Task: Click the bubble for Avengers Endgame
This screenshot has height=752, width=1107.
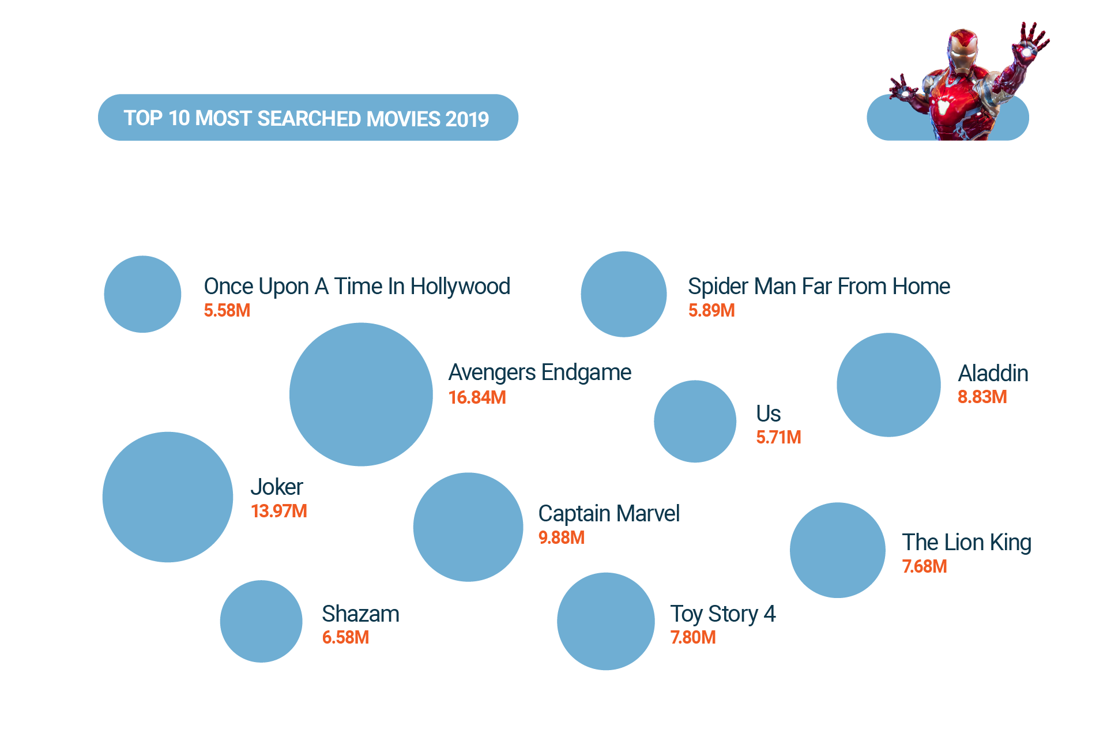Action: pos(361,394)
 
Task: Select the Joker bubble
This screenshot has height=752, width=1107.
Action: pos(168,497)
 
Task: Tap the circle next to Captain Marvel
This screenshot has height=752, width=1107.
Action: pos(468,527)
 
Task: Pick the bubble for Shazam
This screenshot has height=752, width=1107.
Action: pos(261,621)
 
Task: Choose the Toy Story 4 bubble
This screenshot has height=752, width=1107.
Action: pos(606,621)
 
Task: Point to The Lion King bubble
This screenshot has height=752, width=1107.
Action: pos(838,550)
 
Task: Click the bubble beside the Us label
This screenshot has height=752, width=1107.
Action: pos(695,421)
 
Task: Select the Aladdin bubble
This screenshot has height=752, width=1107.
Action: pos(888,385)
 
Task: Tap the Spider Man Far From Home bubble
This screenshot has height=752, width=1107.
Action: pos(624,294)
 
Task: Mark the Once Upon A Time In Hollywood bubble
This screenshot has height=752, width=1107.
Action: pos(142,294)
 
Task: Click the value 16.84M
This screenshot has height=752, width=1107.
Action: pos(477,397)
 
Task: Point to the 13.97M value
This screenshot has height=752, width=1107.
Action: pos(279,511)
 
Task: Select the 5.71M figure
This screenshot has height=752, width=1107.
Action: pos(778,437)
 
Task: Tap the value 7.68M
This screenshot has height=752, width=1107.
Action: pos(925,566)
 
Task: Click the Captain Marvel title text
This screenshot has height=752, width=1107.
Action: pos(609,513)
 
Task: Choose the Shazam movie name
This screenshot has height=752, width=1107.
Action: pos(360,614)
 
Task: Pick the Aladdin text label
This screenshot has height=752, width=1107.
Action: pos(993,373)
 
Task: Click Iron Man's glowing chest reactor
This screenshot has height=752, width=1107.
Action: pos(944,107)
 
